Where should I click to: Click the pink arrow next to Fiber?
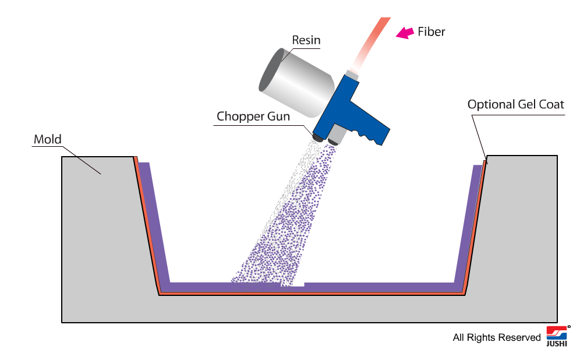click(x=405, y=33)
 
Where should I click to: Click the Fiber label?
click(x=432, y=32)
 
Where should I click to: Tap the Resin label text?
click(x=306, y=40)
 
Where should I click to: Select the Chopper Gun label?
click(x=253, y=116)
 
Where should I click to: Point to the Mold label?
click(x=47, y=139)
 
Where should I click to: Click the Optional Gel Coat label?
click(x=515, y=105)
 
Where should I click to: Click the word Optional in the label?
click(x=491, y=105)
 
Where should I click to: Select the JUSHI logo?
click(x=557, y=336)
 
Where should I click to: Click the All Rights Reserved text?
click(x=496, y=337)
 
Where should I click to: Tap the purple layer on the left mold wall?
click(x=154, y=222)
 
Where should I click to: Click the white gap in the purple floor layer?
click(x=292, y=284)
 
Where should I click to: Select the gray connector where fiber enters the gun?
click(x=352, y=75)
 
